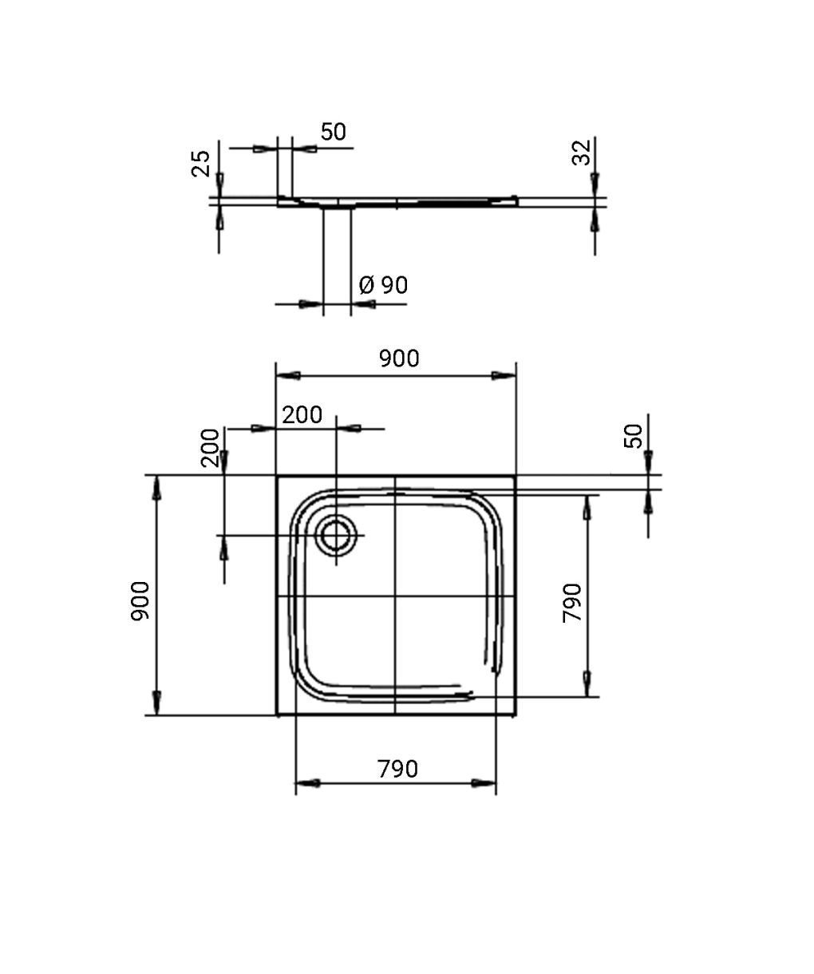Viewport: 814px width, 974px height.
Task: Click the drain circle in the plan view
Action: click(336, 536)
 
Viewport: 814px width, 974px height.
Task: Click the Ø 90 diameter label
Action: click(383, 285)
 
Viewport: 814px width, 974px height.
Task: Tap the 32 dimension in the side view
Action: click(581, 152)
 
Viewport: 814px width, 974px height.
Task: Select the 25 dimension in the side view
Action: click(201, 164)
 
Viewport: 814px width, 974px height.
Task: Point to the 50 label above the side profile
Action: click(334, 132)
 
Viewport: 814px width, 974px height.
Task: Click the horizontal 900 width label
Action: click(399, 358)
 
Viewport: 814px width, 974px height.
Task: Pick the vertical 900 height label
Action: click(140, 601)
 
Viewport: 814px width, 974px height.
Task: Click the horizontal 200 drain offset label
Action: click(302, 415)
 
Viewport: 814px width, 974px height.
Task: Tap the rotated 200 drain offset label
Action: click(210, 448)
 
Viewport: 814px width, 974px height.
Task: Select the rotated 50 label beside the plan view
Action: click(633, 436)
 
